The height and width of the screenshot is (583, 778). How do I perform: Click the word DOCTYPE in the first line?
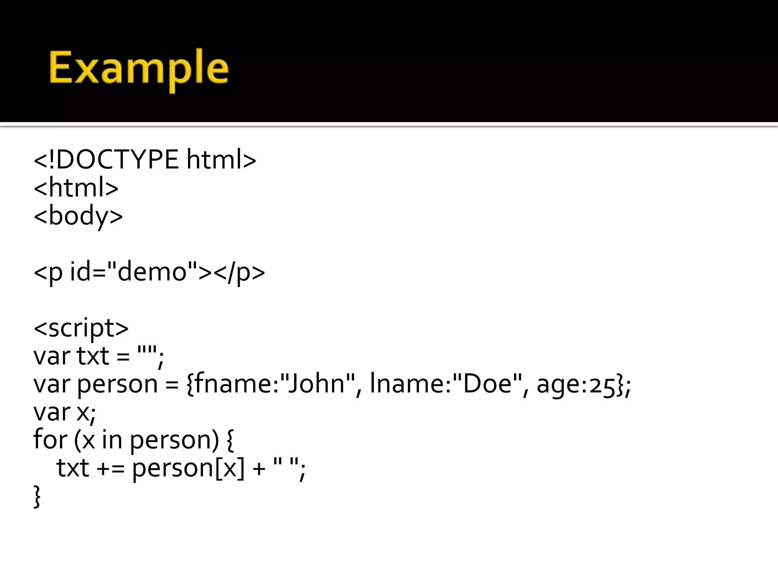pyautogui.click(x=117, y=160)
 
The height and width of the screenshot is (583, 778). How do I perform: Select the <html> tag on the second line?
pyautogui.click(x=76, y=188)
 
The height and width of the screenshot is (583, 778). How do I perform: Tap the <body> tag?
pyautogui.click(x=78, y=216)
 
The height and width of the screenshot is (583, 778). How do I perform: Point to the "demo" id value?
pyautogui.click(x=152, y=272)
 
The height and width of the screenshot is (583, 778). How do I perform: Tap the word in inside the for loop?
pyautogui.click(x=112, y=440)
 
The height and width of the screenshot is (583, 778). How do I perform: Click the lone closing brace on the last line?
pyautogui.click(x=37, y=496)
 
